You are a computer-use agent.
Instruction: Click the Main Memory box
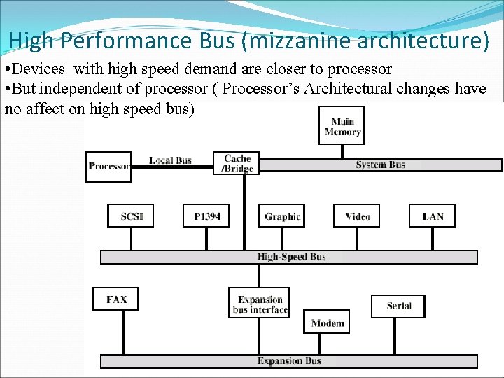pos(342,126)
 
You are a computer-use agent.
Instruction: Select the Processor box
pos(108,167)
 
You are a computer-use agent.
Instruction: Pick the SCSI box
pos(131,216)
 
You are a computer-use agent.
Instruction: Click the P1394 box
pos(206,216)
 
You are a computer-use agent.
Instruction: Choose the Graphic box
pos(282,216)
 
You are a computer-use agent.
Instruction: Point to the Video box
pos(358,216)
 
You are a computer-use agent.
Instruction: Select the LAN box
pos(433,216)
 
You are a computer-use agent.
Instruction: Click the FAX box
pos(116,300)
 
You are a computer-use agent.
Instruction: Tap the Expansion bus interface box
pos(260,304)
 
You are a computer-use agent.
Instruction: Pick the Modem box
pos(328,323)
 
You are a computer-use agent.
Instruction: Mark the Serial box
pos(398,306)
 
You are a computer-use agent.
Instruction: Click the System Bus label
pos(380,165)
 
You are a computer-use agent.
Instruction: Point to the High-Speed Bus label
pos(291,257)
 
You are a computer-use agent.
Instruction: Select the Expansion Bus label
pos(289,361)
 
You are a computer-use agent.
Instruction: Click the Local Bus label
pos(170,160)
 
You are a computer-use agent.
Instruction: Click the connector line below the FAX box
pos(124,332)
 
